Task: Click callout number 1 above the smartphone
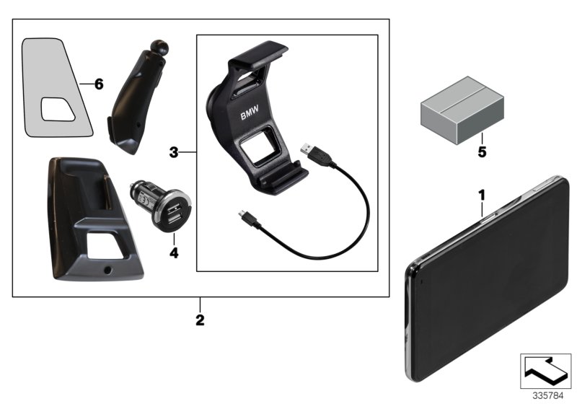click(x=482, y=194)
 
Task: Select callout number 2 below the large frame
click(x=201, y=318)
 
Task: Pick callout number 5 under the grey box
click(x=482, y=152)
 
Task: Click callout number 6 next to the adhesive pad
click(x=99, y=84)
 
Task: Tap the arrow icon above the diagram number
click(x=545, y=370)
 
